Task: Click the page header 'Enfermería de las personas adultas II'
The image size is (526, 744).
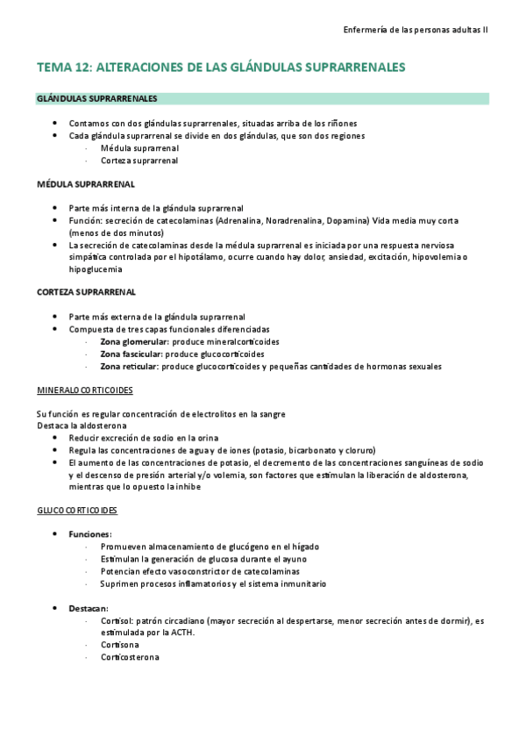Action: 416,29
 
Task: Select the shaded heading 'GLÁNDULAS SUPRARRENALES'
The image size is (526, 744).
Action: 97,98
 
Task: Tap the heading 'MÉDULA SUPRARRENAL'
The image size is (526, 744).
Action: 85,185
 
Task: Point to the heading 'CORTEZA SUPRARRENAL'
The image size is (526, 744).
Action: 86,291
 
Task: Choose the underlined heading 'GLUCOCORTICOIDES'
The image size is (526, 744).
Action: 77,510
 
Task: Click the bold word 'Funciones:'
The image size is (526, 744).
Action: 90,533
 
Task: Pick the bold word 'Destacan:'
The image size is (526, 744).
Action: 88,608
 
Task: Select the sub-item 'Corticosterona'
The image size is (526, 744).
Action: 130,657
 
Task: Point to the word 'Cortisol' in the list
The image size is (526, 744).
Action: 117,620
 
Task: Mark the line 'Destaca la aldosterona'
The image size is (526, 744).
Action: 82,425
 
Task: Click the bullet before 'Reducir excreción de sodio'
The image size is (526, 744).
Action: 56,437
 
